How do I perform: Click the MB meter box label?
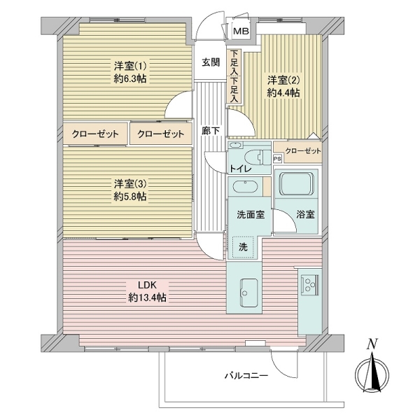click(x=241, y=31)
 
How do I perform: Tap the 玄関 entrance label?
click(x=211, y=62)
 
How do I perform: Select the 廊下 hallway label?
click(x=211, y=130)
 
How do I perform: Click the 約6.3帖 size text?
click(x=131, y=80)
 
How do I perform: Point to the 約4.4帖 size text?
click(x=283, y=92)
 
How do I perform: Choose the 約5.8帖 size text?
click(x=131, y=197)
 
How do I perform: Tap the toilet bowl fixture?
click(x=258, y=155)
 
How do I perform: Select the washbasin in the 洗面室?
click(x=244, y=188)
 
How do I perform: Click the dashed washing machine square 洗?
click(x=244, y=246)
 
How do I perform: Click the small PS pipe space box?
click(x=278, y=159)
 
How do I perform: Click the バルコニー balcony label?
click(x=246, y=376)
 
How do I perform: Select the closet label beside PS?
click(x=303, y=151)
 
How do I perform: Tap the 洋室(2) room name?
click(x=283, y=78)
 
